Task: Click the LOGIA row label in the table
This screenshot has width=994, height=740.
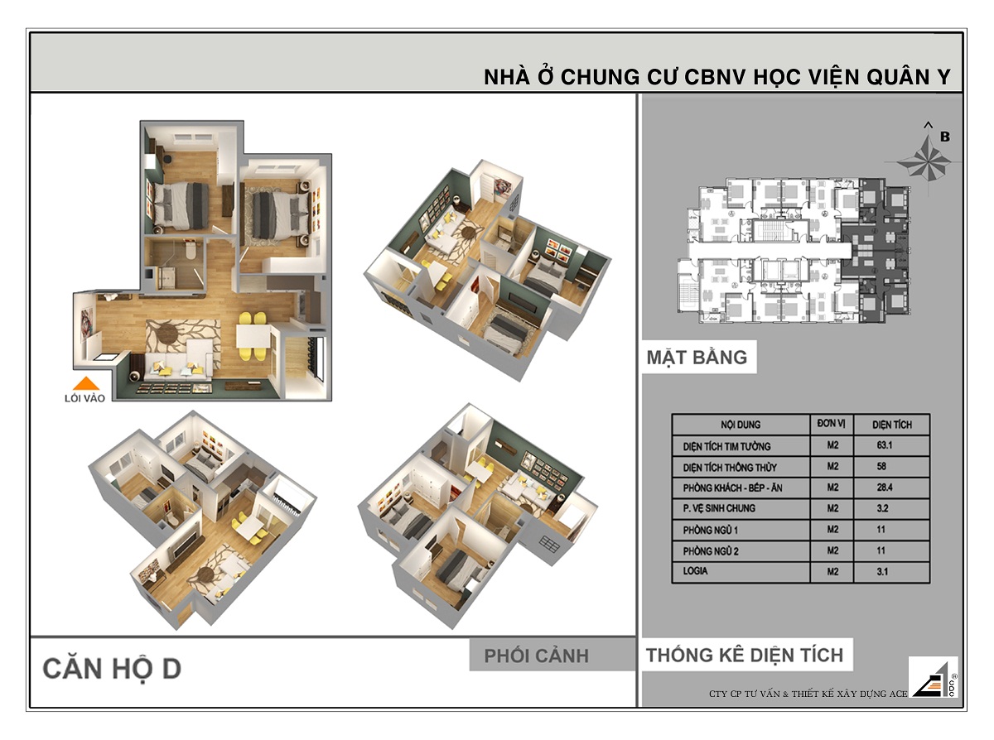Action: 696,570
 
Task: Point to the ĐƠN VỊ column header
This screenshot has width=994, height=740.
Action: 831,424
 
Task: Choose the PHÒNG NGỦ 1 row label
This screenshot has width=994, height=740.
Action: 711,530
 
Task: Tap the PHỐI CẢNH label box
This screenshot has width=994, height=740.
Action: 536,656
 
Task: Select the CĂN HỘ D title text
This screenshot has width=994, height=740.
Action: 112,669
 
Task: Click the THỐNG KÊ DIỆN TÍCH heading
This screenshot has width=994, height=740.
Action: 744,656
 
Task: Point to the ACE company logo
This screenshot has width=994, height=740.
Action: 934,678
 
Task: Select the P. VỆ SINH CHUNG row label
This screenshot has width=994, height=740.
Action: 719,508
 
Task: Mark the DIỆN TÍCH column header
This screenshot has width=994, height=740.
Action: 892,425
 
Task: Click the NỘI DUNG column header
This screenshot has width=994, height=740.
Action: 740,425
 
